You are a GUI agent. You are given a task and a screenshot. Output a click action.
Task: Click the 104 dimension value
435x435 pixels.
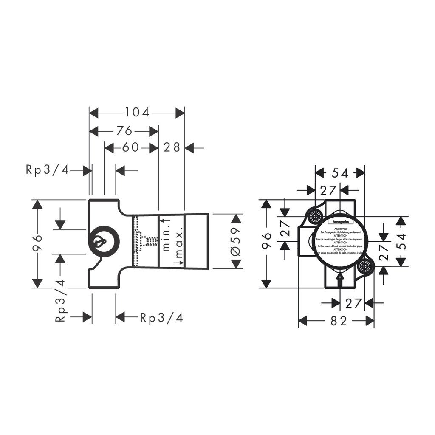click(x=137, y=113)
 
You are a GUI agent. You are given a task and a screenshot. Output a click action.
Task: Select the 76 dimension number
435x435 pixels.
click(x=124, y=130)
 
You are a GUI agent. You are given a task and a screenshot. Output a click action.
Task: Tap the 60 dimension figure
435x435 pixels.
click(x=130, y=147)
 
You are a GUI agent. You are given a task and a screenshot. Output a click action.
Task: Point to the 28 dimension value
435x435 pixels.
click(x=172, y=147)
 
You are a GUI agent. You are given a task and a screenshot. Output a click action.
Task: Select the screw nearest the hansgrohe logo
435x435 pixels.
click(x=315, y=216)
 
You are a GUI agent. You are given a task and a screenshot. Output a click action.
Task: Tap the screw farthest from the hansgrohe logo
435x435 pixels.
click(x=364, y=267)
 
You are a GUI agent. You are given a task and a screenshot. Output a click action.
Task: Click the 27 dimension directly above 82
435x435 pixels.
click(x=352, y=303)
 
